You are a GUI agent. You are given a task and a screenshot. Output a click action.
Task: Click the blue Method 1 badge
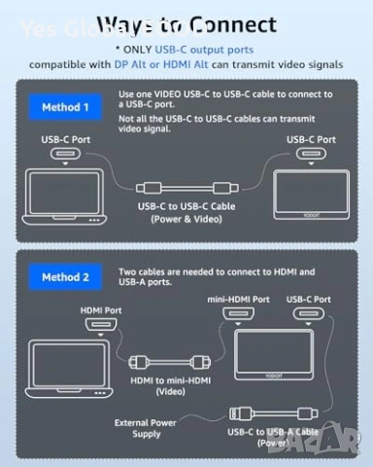pyautogui.click(x=66, y=106)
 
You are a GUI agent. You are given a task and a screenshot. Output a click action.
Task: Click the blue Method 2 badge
pyautogui.click(x=66, y=277)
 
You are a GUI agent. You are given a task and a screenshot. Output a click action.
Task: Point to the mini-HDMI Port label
pyautogui.click(x=238, y=300)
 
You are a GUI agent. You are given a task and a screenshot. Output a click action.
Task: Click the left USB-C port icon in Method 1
pyautogui.click(x=66, y=156)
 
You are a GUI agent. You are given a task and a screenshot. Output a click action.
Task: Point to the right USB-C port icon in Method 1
pyautogui.click(x=312, y=156)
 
